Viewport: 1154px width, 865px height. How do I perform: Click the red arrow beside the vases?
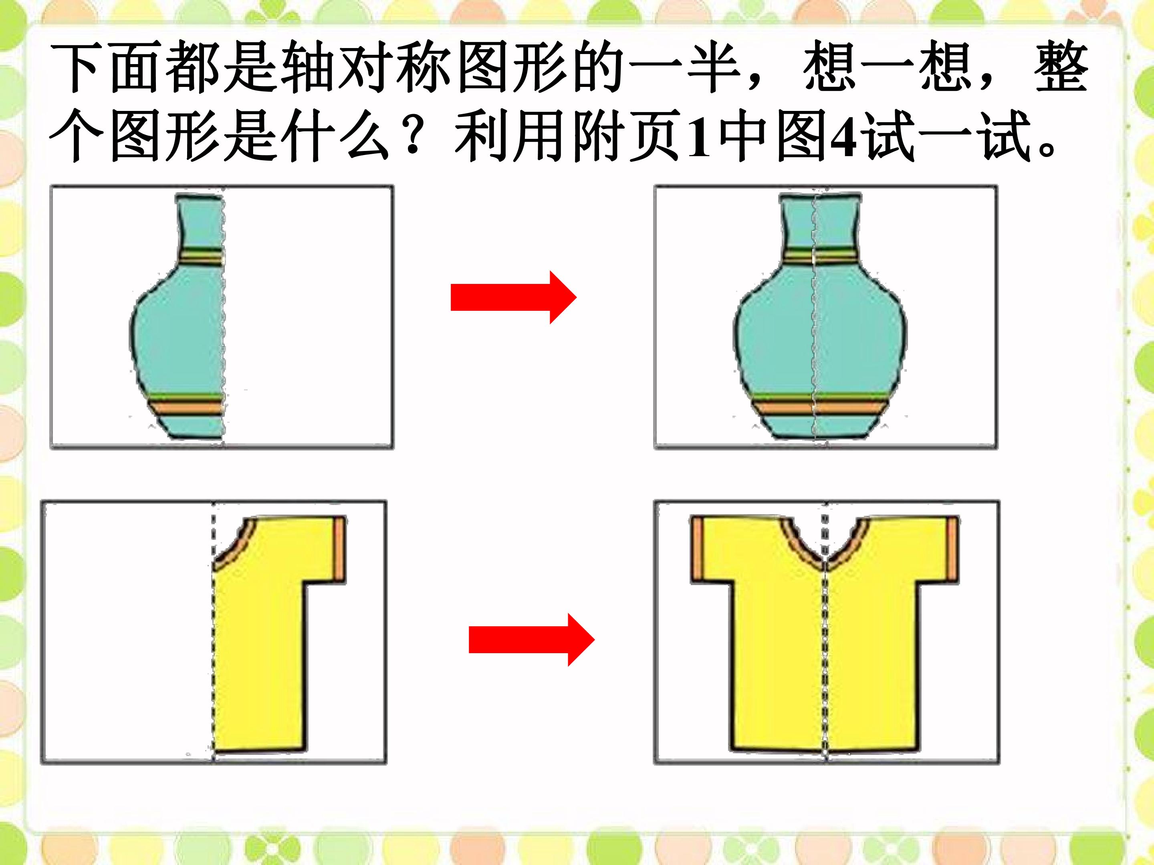[x=513, y=297]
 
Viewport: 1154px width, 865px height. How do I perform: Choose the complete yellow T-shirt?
[x=824, y=634]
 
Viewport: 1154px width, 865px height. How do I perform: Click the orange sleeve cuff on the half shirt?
[x=340, y=549]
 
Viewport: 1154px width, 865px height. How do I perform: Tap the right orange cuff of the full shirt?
[x=952, y=549]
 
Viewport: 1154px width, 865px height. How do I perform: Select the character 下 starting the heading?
[x=78, y=68]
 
